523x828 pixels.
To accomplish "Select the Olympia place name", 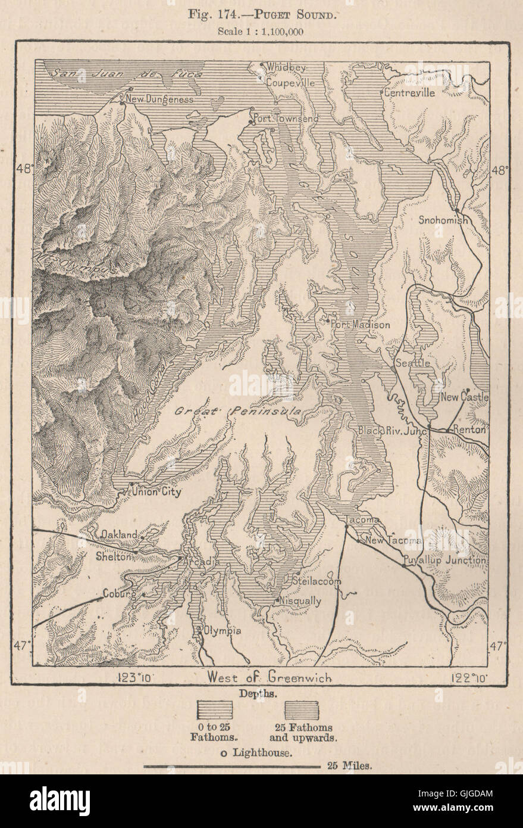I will [x=222, y=631].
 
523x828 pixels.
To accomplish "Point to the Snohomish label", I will [x=443, y=220].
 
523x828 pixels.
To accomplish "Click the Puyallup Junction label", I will [x=444, y=561].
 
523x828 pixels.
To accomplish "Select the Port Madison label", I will [x=361, y=325].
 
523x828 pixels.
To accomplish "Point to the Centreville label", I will [x=409, y=93].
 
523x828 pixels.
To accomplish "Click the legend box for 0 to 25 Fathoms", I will [x=215, y=710].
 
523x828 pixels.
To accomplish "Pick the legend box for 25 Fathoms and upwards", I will [x=302, y=710].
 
